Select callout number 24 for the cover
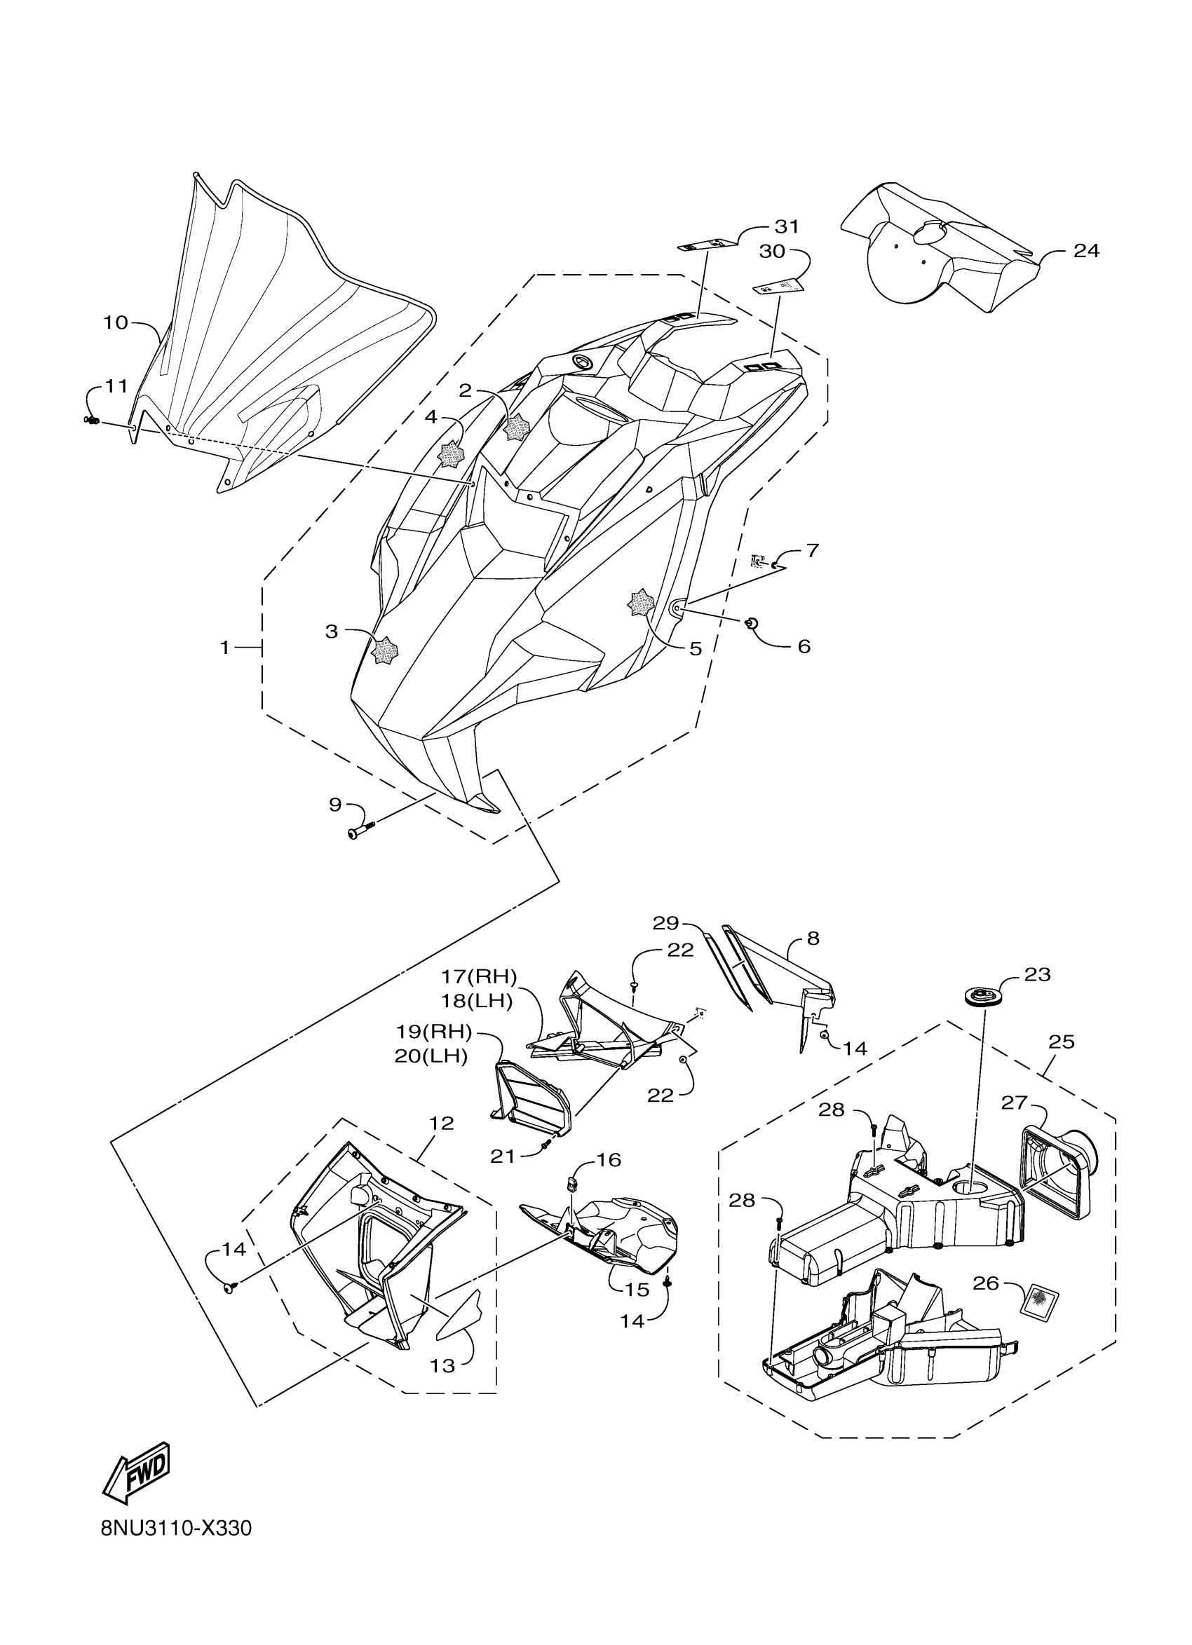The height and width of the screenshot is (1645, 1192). [x=1086, y=251]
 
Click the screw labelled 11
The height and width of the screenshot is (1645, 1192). [x=92, y=421]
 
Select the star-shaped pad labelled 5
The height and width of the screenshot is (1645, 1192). [x=641, y=603]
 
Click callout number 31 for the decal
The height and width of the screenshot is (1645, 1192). [x=787, y=227]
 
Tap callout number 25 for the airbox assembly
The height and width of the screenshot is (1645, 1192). [x=1062, y=1042]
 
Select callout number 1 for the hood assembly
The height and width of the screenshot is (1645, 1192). [x=225, y=647]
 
